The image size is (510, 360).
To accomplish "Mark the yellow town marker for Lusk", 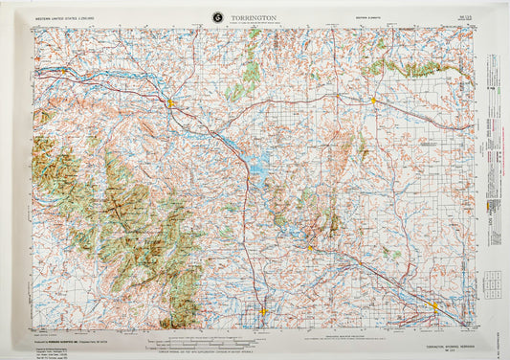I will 373,99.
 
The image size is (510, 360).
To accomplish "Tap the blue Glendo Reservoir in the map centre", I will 256,170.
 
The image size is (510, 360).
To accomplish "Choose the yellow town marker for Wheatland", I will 263,309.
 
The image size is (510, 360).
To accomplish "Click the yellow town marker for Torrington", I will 435,307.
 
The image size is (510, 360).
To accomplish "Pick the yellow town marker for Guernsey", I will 310,248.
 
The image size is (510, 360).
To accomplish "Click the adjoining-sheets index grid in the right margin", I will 492,283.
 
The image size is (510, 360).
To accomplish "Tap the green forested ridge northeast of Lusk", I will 411,69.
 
